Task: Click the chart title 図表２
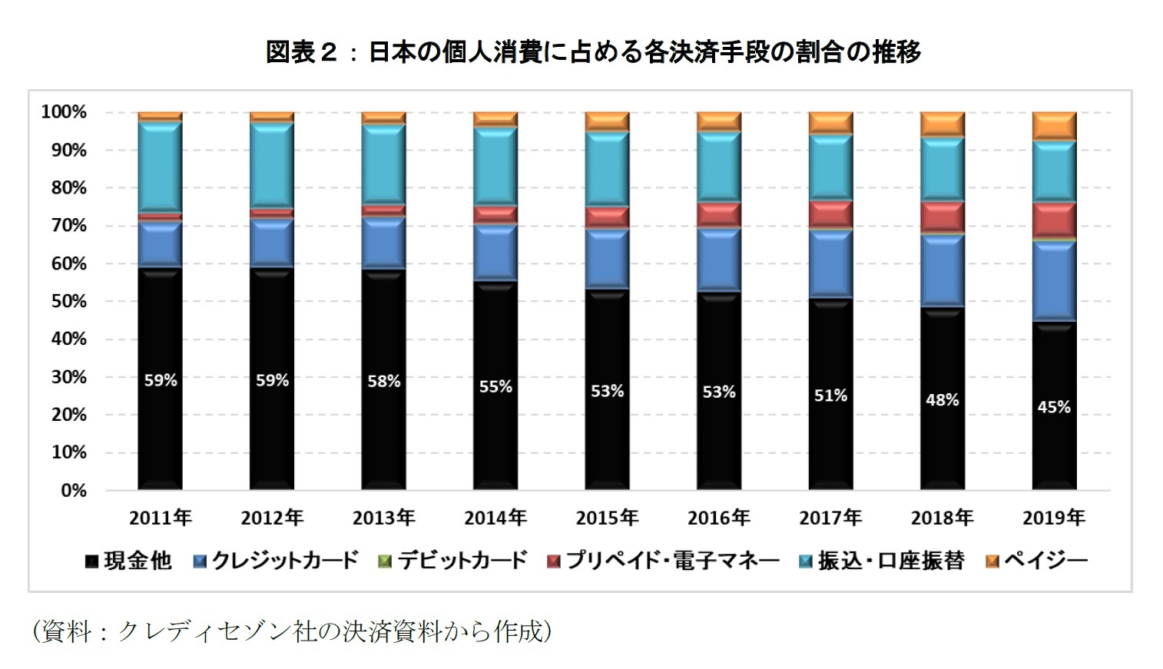pos(592,52)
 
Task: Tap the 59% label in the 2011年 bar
pos(161,380)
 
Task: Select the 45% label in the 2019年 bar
pos(1053,407)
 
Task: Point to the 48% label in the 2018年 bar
pos(942,400)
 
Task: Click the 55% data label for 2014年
pos(495,387)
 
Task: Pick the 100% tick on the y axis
pos(64,112)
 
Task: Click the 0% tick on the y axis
pos(74,490)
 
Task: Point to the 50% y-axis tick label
pos(69,301)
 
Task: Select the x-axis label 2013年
pos(383,518)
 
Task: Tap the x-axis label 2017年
pos(830,518)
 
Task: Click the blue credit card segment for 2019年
pos(1053,280)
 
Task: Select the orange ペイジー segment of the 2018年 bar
pos(942,124)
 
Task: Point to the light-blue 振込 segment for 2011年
pos(161,167)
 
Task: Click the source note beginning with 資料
pos(292,631)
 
